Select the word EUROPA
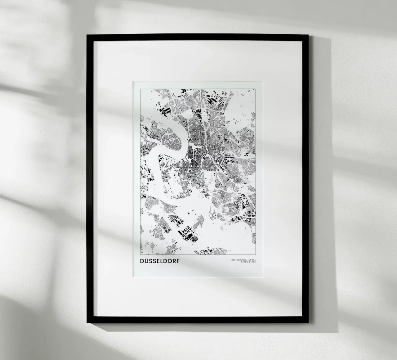click(x=252, y=260)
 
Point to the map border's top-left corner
click(x=140, y=89)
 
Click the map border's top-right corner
click(x=256, y=89)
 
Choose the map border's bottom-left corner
click(x=140, y=254)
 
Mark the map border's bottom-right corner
click(x=256, y=254)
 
